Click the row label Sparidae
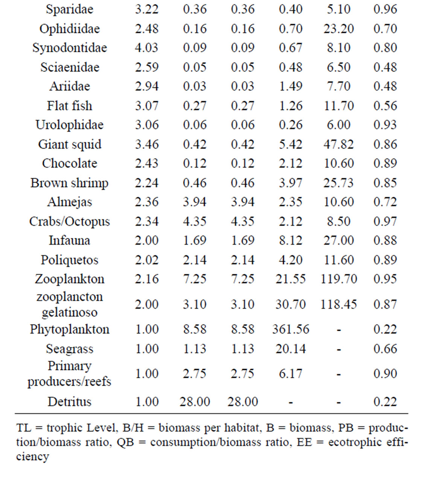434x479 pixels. pyautogui.click(x=70, y=9)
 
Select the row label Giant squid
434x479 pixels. pyautogui.click(x=70, y=144)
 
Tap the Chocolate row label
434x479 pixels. pyautogui.click(x=70, y=163)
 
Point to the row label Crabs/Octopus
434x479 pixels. pyautogui.click(x=70, y=221)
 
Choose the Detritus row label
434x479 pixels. pyautogui.click(x=70, y=401)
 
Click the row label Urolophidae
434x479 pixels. pyautogui.click(x=70, y=125)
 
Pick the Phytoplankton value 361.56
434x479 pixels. pyautogui.click(x=291, y=329)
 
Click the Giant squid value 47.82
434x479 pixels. pyautogui.click(x=338, y=144)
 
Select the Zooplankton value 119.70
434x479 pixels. pyautogui.click(x=338, y=279)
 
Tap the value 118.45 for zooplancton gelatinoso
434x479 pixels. pyautogui.click(x=338, y=304)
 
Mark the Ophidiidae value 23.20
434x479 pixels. pyautogui.click(x=338, y=29)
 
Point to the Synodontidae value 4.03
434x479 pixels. pyautogui.click(x=147, y=47)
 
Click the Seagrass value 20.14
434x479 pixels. pyautogui.click(x=291, y=349)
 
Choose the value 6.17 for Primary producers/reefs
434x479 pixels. pyautogui.click(x=291, y=374)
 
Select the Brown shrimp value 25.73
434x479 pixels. pyautogui.click(x=338, y=183)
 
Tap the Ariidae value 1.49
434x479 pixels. pyautogui.click(x=291, y=86)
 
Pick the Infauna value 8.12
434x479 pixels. pyautogui.click(x=291, y=240)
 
